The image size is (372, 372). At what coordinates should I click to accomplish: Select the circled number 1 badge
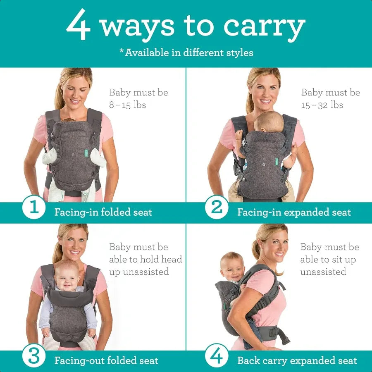(34, 207)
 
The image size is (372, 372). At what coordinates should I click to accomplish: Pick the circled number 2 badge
(217, 207)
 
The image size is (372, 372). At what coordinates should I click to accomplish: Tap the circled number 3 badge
(34, 356)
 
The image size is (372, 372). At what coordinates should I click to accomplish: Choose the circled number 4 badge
(217, 356)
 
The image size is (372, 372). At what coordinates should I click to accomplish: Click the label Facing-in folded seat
(103, 212)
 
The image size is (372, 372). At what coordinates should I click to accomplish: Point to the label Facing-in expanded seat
(294, 212)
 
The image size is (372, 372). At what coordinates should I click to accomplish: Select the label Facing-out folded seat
(106, 360)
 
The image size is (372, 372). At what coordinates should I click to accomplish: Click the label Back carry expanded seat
(297, 360)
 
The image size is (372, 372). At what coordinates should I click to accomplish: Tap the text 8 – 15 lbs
(127, 105)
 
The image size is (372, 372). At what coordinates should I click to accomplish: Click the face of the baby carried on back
(231, 267)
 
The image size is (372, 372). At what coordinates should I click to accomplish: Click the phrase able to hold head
(145, 260)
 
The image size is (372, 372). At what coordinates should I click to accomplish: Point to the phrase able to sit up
(328, 260)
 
